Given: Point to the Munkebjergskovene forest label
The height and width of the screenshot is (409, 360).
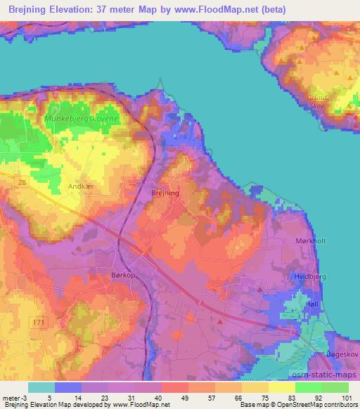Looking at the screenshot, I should (82, 119).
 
